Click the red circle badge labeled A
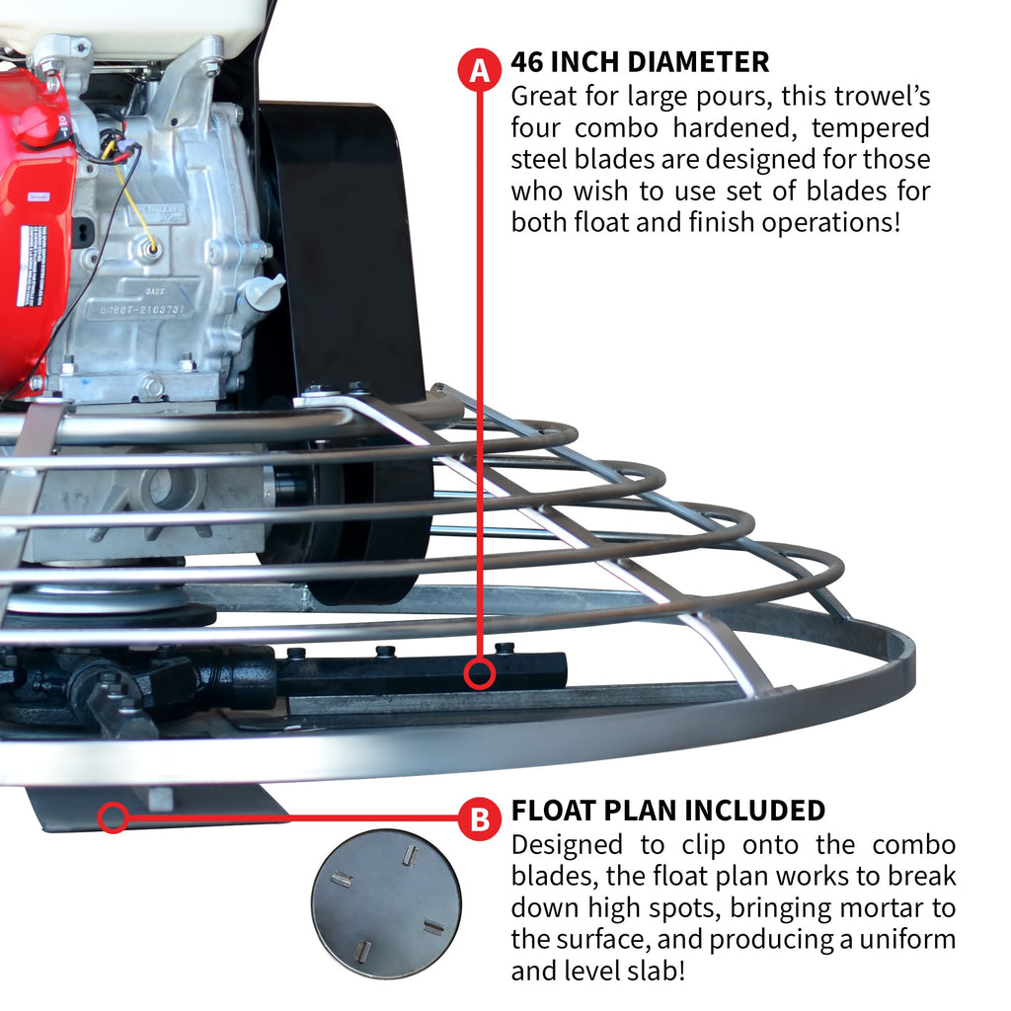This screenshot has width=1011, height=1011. click(480, 70)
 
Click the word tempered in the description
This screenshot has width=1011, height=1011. click(872, 128)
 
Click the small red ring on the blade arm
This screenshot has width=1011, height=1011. click(480, 674)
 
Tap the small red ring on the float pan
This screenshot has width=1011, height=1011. click(113, 817)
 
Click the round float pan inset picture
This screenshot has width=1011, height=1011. click(386, 902)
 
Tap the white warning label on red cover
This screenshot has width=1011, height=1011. click(33, 266)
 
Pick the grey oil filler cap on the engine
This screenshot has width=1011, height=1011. click(263, 291)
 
